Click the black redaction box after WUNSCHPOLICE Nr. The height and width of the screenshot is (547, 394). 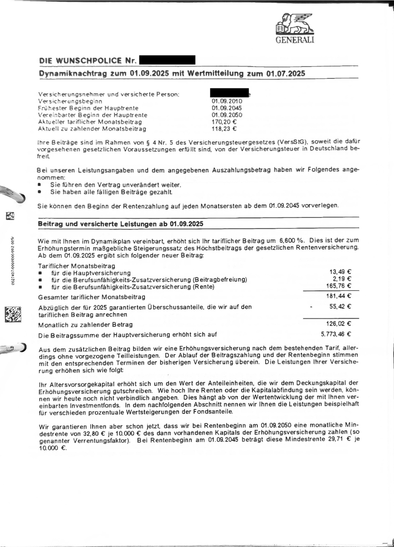click(167, 60)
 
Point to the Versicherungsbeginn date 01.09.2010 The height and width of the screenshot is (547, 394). click(224, 101)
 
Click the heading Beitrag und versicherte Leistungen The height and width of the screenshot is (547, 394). click(120, 224)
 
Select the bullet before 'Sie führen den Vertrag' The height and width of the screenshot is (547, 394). click(40, 185)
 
